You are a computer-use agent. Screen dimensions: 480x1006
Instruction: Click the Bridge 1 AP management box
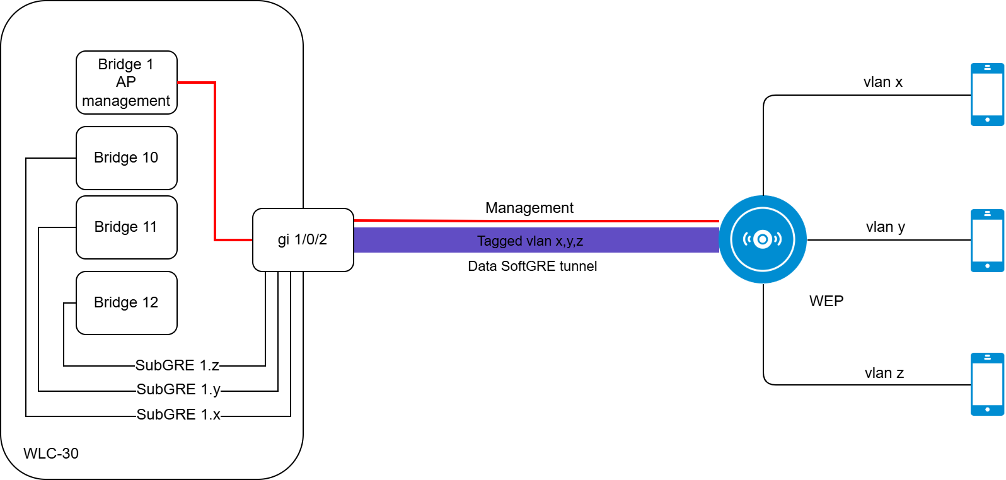[126, 83]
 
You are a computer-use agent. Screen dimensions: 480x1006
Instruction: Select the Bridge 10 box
[126, 158]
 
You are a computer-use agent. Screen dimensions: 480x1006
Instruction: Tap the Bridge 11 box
[126, 227]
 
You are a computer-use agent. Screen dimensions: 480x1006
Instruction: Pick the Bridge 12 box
[126, 303]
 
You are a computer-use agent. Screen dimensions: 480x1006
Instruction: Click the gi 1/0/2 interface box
[303, 240]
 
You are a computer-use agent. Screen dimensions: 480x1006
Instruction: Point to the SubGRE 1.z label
[177, 365]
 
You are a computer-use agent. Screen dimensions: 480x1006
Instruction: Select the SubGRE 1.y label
[178, 389]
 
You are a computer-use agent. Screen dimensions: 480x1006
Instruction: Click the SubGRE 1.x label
[178, 414]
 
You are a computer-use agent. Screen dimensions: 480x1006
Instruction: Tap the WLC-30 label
[51, 454]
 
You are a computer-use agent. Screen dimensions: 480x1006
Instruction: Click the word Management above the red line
[529, 208]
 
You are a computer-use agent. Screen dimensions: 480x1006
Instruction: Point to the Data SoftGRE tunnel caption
[533, 266]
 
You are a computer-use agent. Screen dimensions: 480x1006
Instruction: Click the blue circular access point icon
[763, 239]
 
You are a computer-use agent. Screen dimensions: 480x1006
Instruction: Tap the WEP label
[826, 301]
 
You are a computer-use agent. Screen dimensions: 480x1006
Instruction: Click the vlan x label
[883, 83]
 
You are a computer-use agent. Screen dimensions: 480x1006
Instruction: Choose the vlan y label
[886, 227]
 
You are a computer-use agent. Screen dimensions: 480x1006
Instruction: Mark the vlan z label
[884, 374]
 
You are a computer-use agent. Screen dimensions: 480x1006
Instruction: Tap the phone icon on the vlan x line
[987, 94]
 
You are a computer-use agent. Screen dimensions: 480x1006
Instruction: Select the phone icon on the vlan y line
[987, 241]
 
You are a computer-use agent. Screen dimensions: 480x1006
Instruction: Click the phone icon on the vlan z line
[987, 384]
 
